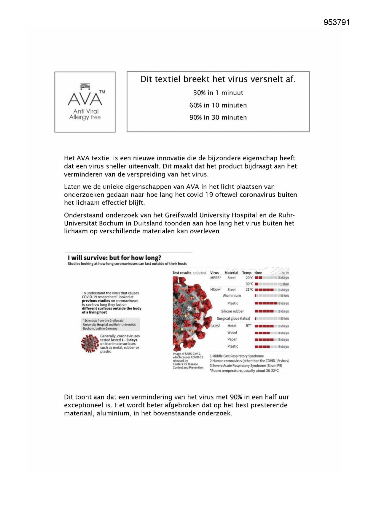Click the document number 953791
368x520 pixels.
click(337, 23)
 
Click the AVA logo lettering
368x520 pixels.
click(85, 99)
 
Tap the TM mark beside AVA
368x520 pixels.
click(102, 92)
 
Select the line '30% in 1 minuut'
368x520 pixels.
click(218, 93)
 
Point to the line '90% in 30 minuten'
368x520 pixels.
click(218, 117)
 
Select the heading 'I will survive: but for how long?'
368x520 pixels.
click(114, 258)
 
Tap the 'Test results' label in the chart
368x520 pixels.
click(182, 273)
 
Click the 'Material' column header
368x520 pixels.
click(231, 273)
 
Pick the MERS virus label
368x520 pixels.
click(215, 278)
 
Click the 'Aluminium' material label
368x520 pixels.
click(232, 296)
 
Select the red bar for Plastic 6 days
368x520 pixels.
click(266, 303)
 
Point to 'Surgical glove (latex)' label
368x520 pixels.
click(233, 318)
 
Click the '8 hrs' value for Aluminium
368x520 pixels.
click(285, 296)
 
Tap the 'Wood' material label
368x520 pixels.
click(232, 333)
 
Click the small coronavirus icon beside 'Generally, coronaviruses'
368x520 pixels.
click(90, 344)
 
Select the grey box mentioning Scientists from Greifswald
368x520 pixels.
click(111, 324)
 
